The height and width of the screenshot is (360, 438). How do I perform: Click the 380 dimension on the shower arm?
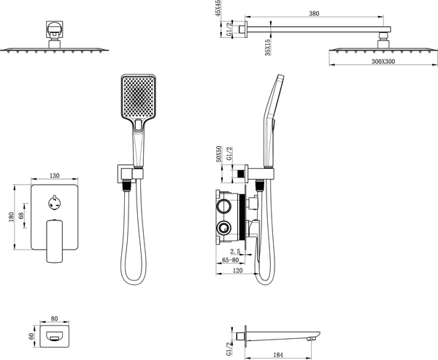click(314, 13)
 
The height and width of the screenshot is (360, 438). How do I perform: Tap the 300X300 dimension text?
click(383, 61)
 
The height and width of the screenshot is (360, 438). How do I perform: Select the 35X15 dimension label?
click(268, 47)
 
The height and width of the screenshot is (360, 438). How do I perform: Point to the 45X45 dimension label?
click(218, 8)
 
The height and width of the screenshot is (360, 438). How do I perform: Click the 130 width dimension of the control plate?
click(55, 176)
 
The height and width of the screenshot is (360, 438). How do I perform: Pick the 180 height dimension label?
click(11, 217)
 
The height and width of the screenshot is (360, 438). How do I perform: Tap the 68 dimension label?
click(20, 215)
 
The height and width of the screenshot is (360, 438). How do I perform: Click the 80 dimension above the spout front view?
click(55, 318)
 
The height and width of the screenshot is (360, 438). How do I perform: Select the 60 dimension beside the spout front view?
click(31, 336)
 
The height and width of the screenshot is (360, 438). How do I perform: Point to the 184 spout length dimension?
click(277, 355)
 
